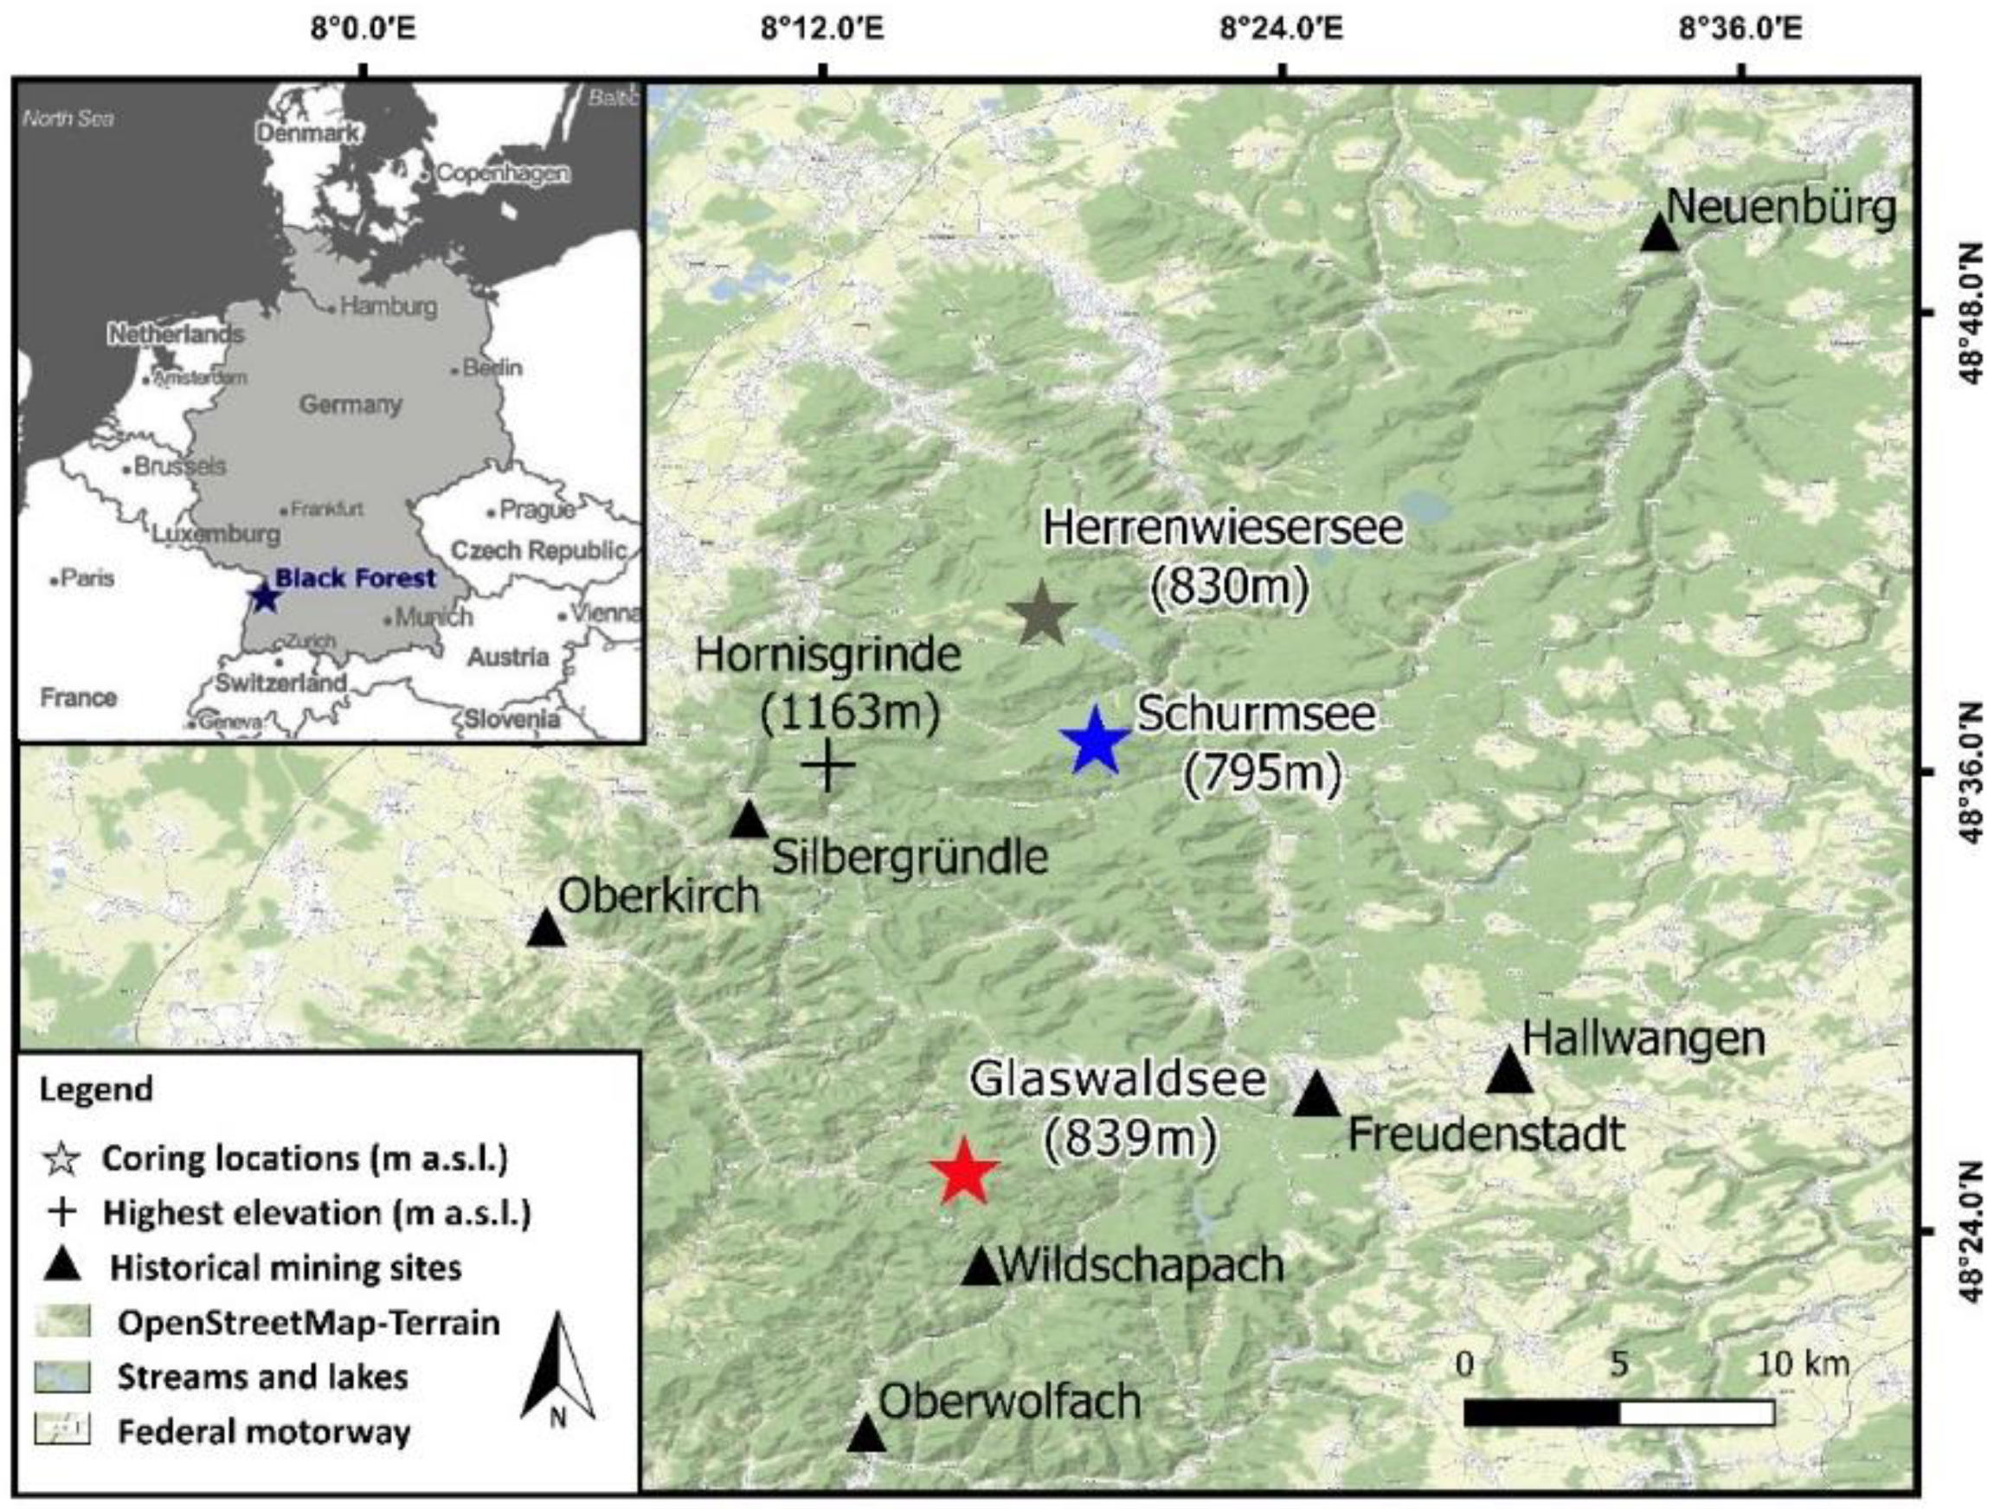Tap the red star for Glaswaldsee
tap(963, 1172)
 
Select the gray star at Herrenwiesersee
tap(1041, 613)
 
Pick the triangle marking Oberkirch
tap(545, 928)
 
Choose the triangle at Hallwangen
tap(1509, 1071)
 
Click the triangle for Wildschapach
tap(981, 1268)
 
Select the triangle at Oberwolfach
tap(866, 1433)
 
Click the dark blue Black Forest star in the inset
tap(262, 597)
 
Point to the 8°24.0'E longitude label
tap(1281, 29)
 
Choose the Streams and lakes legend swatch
tap(62, 1377)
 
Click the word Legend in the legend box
tap(96, 1090)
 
